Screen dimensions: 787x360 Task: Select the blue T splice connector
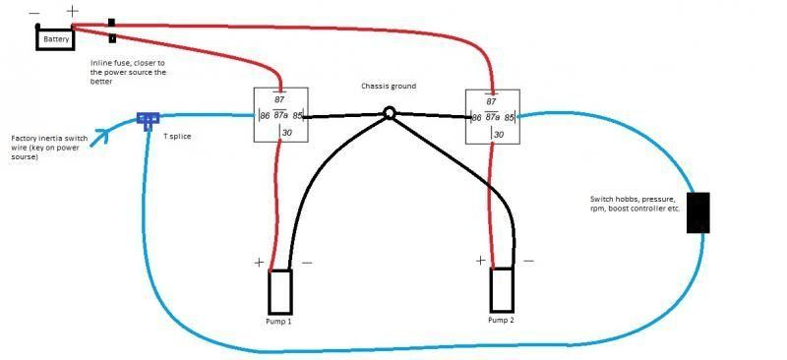click(x=149, y=120)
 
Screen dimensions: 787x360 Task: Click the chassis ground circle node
click(x=389, y=114)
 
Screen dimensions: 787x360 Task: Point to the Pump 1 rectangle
click(x=280, y=289)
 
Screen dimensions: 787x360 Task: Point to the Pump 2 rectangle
click(x=502, y=287)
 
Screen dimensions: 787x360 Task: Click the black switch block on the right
click(x=698, y=212)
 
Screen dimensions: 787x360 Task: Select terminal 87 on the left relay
click(x=280, y=99)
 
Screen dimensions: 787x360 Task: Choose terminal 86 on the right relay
click(x=476, y=117)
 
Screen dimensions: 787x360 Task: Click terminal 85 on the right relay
click(x=509, y=117)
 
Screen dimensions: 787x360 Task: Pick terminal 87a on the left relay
click(x=280, y=116)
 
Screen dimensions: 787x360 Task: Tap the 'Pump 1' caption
click(x=279, y=322)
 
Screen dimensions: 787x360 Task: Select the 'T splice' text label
click(x=178, y=136)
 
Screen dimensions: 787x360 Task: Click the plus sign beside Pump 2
click(x=481, y=261)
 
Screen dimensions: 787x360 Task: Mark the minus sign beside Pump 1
click(x=306, y=264)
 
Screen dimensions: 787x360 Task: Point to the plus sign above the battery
click(x=72, y=11)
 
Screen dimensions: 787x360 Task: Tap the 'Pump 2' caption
click(x=502, y=320)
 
